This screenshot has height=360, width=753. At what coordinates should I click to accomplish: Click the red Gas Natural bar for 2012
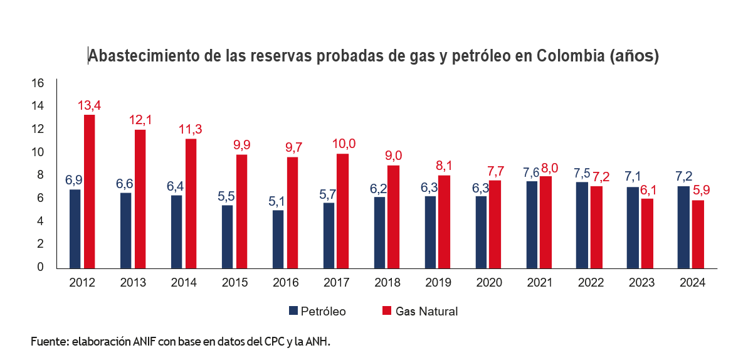(90, 191)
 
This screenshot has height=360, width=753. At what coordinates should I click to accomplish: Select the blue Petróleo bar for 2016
(278, 239)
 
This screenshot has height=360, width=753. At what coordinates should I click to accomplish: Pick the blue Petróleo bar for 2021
(531, 225)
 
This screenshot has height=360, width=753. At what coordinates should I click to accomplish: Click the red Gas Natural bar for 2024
(698, 234)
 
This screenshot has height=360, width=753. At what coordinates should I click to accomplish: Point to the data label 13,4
(89, 105)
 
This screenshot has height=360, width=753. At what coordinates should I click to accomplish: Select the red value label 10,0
(343, 144)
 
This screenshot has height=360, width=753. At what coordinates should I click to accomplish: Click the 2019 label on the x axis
(438, 283)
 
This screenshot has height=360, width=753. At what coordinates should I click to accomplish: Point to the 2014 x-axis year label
(184, 283)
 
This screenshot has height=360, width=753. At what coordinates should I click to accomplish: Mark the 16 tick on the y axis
(37, 83)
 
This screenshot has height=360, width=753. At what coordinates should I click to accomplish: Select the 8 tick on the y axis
(39, 175)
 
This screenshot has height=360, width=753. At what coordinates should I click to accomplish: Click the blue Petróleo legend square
(293, 311)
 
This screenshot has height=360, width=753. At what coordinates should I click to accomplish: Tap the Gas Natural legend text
(426, 311)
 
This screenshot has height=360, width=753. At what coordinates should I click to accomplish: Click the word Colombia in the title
(571, 56)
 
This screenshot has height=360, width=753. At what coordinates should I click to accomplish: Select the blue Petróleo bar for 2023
(633, 227)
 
